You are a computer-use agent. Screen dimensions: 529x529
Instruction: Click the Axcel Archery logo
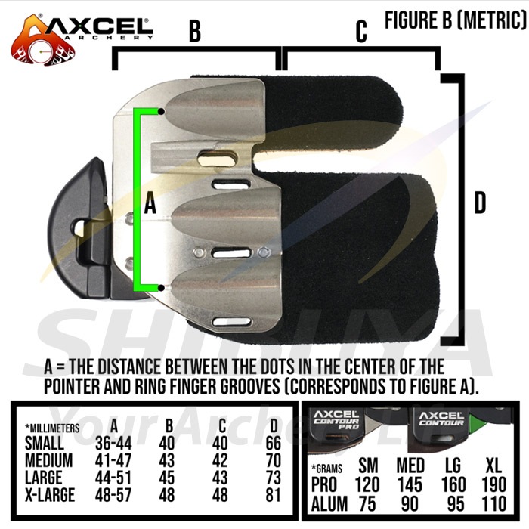tap(81, 39)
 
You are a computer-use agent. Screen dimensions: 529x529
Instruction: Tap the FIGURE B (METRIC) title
tap(456, 20)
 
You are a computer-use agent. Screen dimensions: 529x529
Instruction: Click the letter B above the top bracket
tap(195, 31)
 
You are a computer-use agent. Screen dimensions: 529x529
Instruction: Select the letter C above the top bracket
tap(361, 32)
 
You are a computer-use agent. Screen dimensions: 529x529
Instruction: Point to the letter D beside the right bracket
tap(480, 203)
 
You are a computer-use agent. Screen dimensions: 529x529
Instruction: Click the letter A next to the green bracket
tap(150, 204)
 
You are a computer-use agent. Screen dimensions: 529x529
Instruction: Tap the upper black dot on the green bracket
tap(161, 111)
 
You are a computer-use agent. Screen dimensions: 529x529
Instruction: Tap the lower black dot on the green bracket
tap(161, 288)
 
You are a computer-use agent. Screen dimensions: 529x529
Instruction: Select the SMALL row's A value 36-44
tap(113, 443)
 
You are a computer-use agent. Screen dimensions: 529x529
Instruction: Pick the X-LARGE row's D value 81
tap(274, 495)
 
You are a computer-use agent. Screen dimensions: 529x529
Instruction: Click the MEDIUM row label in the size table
tap(48, 460)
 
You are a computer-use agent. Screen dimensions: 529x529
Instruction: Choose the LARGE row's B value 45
tap(167, 478)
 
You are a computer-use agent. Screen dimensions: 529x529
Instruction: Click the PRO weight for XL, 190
tap(494, 484)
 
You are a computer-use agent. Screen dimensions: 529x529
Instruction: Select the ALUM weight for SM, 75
tap(367, 504)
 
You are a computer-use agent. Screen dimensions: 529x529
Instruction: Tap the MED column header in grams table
tap(410, 466)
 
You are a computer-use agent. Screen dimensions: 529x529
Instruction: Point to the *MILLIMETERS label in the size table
tap(52, 428)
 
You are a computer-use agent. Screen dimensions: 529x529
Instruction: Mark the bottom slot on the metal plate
tap(233, 321)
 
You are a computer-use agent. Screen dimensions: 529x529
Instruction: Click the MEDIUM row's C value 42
tap(220, 460)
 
